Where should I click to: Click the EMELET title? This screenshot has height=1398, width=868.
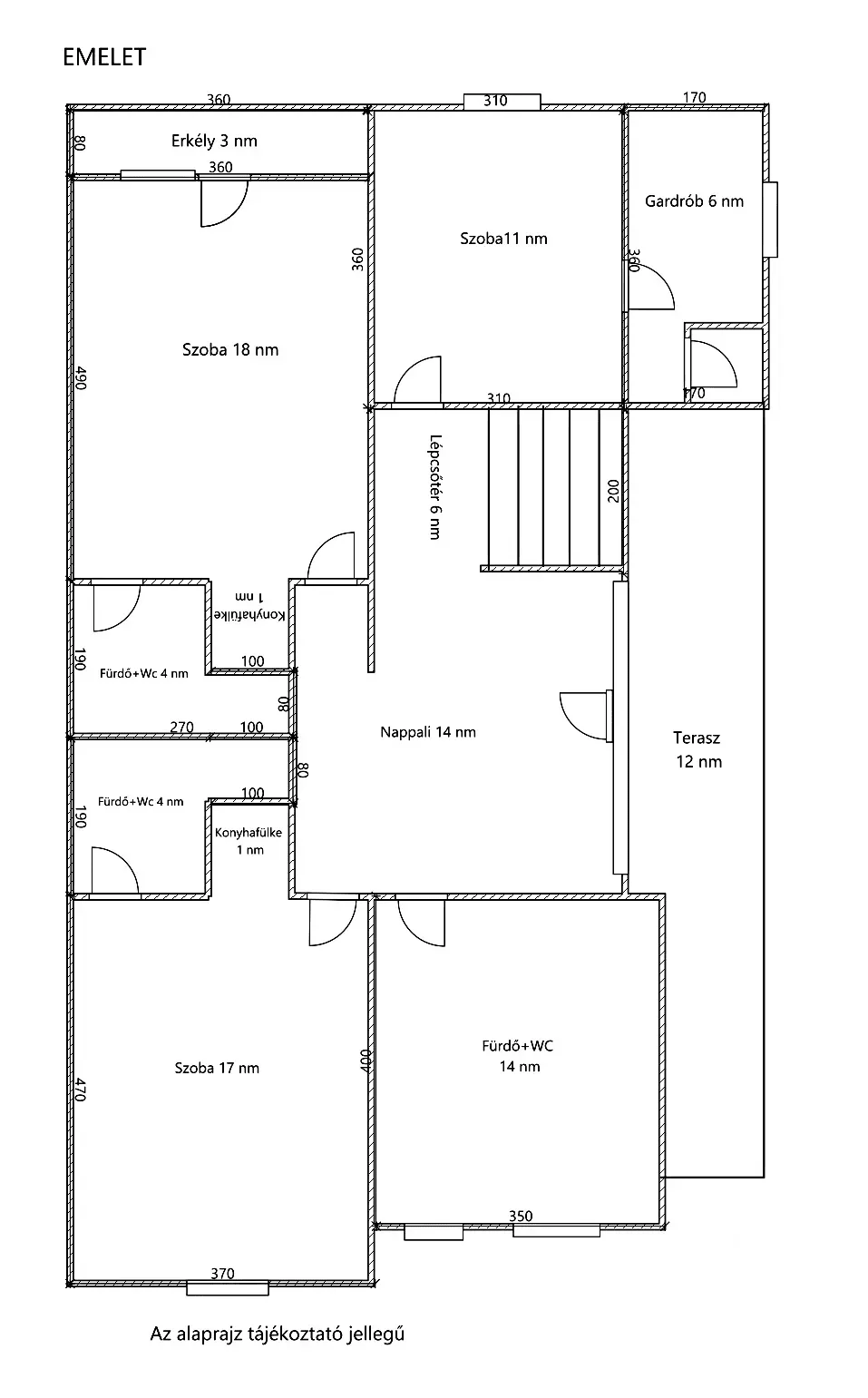(104, 57)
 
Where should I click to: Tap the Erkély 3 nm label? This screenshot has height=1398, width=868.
(214, 141)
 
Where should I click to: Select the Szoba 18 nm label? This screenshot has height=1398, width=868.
(230, 349)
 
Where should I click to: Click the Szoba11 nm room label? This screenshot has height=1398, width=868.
(503, 239)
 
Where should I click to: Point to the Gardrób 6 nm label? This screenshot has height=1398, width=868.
(694, 201)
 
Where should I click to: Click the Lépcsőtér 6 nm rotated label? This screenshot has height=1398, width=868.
(435, 487)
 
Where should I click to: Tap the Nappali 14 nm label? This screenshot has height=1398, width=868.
(428, 732)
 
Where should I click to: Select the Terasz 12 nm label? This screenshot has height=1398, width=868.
(698, 749)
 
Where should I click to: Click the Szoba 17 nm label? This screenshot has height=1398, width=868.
(217, 1068)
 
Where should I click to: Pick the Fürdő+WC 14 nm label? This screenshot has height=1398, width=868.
(518, 1056)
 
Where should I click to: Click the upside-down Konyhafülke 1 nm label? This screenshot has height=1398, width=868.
(250, 606)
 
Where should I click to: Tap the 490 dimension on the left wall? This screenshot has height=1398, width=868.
(80, 378)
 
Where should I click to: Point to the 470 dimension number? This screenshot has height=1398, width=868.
(80, 1090)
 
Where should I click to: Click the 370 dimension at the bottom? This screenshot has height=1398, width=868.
(222, 1273)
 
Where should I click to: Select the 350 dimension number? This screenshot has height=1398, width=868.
(521, 1216)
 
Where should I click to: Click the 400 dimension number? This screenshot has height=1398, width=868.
(366, 1061)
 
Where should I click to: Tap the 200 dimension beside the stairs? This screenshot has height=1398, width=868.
(613, 491)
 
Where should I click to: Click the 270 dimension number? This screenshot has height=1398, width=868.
(181, 727)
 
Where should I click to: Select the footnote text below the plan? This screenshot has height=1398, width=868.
(277, 1334)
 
